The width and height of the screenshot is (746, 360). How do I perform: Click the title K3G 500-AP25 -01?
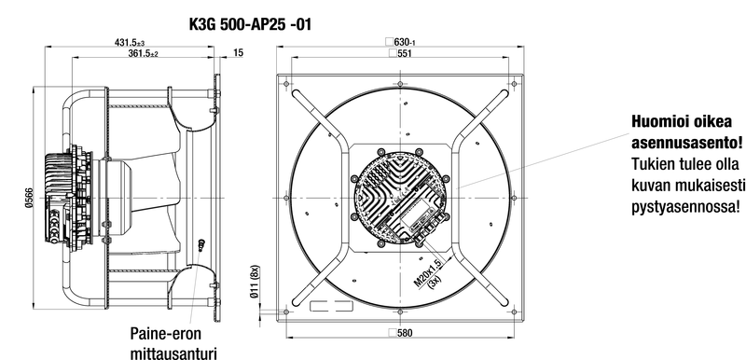coord(250,24)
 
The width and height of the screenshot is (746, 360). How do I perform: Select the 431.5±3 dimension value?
coord(130,42)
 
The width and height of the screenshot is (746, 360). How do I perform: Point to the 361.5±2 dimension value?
coord(143,53)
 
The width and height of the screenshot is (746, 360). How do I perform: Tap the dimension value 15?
coord(239,53)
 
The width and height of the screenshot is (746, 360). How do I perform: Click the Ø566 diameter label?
coord(29,198)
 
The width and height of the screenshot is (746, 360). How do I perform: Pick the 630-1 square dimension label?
coord(401,42)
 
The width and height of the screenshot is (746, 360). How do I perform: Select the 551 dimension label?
coord(400,53)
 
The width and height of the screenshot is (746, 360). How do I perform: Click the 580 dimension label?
coord(400,333)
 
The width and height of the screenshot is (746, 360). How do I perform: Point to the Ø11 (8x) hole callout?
coord(255,281)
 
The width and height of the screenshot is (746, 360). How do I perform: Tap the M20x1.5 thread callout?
coord(428,273)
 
